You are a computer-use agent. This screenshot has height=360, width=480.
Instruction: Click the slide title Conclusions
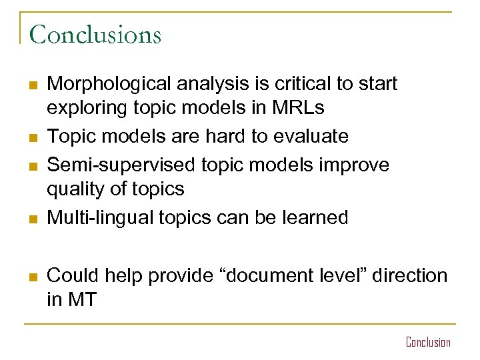click(x=95, y=34)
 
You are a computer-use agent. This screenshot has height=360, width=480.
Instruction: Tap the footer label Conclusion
click(x=428, y=342)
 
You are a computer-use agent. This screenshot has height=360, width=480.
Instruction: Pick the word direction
click(x=407, y=275)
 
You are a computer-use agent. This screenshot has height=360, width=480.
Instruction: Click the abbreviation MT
click(x=81, y=299)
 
